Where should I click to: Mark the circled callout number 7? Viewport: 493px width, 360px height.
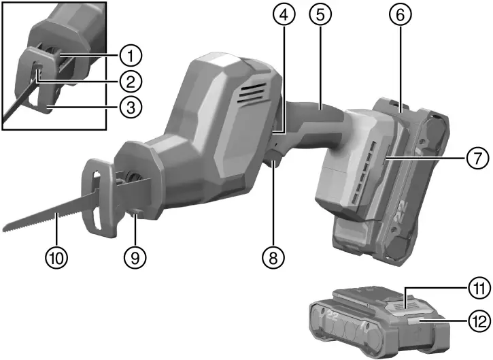click(476, 159)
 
